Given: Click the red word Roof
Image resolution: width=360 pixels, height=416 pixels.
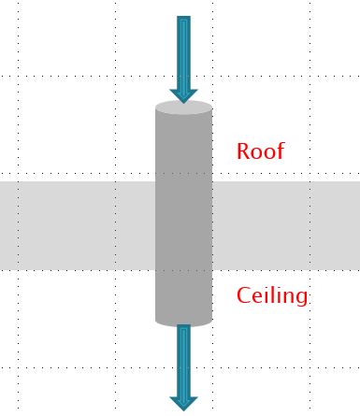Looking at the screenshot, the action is click(260, 151).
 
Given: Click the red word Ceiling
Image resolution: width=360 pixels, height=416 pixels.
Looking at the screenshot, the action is click(272, 296).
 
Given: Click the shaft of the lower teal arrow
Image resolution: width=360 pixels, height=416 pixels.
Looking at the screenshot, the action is click(183, 360).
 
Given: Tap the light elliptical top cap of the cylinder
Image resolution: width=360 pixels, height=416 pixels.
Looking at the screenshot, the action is click(183, 108).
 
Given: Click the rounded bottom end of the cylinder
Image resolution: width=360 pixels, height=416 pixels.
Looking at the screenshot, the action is click(183, 321).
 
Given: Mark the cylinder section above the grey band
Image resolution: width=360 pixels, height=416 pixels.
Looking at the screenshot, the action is click(183, 145).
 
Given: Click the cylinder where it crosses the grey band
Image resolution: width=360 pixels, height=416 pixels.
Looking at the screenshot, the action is click(183, 224).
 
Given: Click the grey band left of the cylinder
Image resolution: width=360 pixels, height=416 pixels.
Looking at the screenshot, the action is click(75, 224).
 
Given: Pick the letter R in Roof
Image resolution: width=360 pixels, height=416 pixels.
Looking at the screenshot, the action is click(243, 151).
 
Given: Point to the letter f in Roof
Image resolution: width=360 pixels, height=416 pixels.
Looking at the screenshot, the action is click(279, 150).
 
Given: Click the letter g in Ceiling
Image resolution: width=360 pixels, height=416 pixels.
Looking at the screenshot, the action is click(300, 299).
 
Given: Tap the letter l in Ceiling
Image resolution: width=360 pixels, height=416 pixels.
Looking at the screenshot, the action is click(271, 295).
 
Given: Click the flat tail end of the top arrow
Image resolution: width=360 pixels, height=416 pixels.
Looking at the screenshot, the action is click(183, 19).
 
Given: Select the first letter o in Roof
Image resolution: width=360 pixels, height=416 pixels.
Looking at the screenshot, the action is click(255, 152).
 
